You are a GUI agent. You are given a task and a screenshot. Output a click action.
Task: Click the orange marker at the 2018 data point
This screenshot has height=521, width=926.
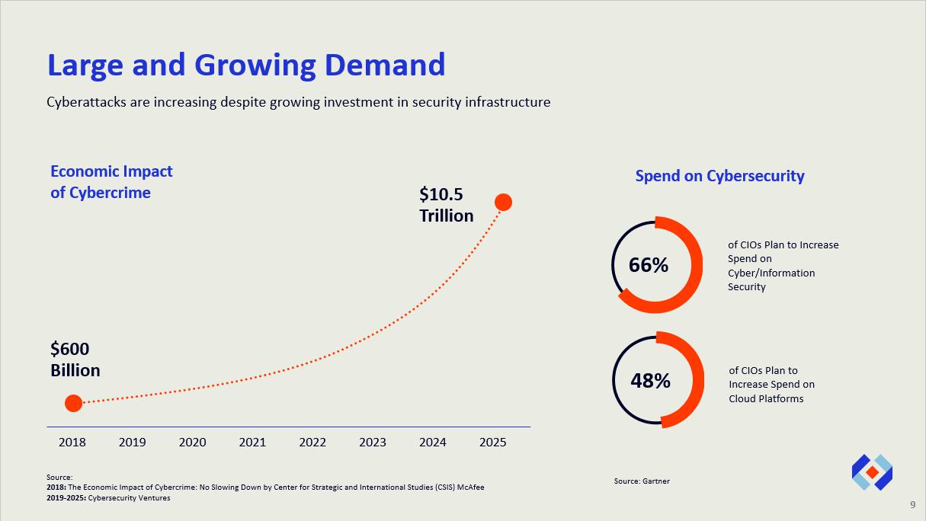pos(73,403)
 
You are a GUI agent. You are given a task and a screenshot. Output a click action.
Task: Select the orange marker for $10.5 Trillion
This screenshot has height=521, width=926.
pos(503,202)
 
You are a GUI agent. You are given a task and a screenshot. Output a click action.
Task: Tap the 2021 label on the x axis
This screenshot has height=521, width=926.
pos(252,443)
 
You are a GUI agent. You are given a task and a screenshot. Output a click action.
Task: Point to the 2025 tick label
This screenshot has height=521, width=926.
pos(492,443)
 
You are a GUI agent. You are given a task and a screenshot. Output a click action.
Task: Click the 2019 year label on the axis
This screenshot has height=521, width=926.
pos(132,443)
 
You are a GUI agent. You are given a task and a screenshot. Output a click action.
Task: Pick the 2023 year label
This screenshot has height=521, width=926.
pos(372,443)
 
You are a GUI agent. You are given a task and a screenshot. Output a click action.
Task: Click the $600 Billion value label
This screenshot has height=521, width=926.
pos(75,360)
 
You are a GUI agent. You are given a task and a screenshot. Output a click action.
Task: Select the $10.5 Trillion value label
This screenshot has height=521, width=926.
pos(446,205)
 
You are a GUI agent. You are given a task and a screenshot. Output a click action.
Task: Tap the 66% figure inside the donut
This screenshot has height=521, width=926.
pos(649,265)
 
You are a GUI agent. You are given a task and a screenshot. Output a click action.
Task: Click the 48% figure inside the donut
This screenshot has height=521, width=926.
pos(650,381)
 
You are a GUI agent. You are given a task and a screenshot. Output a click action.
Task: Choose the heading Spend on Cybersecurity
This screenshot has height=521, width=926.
pos(719,176)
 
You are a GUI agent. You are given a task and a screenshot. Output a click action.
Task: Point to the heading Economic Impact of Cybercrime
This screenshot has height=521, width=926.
pos(111,182)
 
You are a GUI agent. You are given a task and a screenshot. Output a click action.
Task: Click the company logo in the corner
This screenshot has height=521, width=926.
pos(872,472)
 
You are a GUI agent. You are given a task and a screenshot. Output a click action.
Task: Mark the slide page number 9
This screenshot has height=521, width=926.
pos(913,505)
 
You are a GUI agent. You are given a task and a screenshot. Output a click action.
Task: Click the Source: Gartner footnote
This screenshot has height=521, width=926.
pos(642,481)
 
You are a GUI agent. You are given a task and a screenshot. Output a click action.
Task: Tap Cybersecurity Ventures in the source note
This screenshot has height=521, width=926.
pos(130,498)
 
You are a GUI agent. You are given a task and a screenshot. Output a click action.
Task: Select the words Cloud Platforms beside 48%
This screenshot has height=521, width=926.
pos(766,398)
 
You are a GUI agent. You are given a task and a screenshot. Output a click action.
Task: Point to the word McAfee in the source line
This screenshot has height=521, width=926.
pos(469,487)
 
